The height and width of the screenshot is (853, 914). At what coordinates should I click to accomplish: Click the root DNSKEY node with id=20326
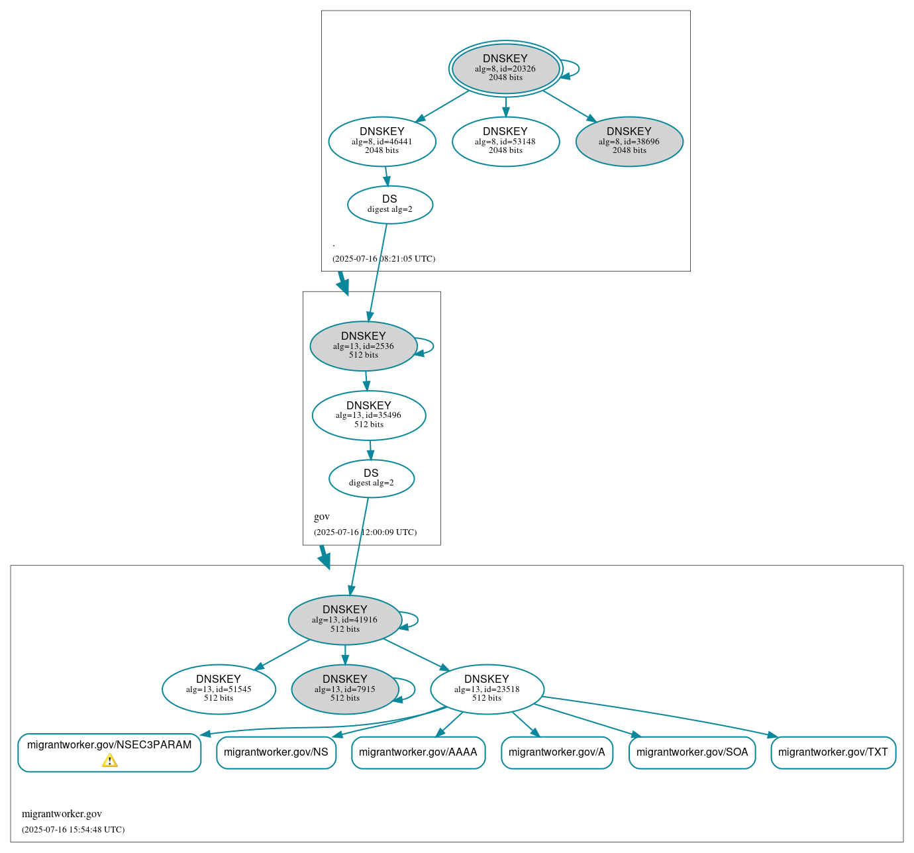point(505,68)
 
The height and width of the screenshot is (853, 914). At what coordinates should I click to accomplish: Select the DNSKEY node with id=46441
point(382,141)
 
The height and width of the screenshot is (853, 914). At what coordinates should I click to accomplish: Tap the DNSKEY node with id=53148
point(505,141)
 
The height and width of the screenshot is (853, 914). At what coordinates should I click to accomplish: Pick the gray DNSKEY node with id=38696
point(629,141)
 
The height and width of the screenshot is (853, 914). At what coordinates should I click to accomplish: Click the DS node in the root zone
point(390,205)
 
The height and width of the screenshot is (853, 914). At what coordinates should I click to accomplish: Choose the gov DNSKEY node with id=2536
point(364,346)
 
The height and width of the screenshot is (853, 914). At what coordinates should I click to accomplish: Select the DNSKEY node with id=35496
point(369,415)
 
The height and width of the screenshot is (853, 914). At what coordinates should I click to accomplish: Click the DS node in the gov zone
point(372,478)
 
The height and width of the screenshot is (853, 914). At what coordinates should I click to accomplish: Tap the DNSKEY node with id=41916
point(345,620)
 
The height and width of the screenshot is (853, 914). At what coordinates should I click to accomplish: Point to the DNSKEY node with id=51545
point(219,689)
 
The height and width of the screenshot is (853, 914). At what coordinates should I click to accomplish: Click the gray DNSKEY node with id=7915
point(345,689)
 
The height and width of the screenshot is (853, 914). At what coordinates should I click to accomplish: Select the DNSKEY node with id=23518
point(487,689)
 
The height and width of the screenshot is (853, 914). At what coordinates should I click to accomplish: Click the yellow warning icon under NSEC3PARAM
point(110,760)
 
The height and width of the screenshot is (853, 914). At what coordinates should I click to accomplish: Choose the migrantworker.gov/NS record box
point(276,752)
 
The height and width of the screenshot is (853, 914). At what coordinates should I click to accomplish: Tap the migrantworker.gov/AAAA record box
point(418,752)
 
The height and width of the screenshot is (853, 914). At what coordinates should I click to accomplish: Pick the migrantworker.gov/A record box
point(557,752)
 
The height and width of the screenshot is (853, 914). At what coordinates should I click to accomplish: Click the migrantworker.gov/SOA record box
point(692,752)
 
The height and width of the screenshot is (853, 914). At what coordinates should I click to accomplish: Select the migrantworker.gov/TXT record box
point(833,752)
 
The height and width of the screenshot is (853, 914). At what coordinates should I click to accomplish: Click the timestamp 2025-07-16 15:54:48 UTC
point(74,829)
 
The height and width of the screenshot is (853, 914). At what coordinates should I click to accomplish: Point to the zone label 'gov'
point(322,517)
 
